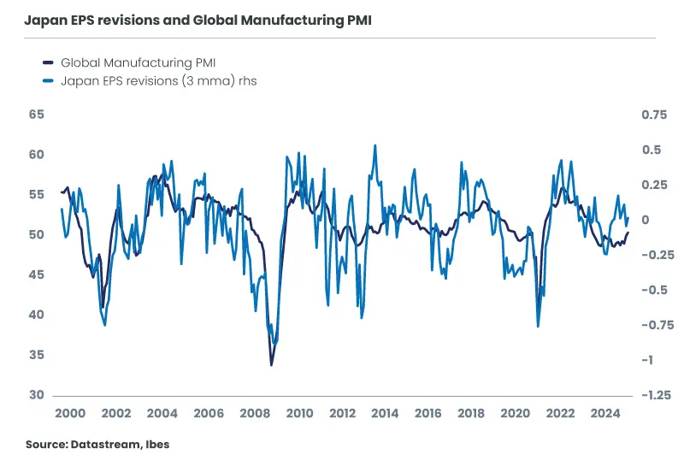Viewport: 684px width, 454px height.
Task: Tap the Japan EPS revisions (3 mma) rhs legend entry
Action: tap(158, 81)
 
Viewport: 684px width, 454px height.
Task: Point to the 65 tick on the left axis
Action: tap(37, 115)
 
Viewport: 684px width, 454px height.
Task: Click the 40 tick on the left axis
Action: tap(37, 315)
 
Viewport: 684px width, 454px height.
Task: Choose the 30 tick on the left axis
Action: tap(37, 395)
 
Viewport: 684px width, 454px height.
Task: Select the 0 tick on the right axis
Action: tap(646, 220)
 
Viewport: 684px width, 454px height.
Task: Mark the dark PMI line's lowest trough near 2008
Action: tap(272, 365)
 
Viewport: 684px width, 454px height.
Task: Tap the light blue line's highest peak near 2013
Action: tap(374, 145)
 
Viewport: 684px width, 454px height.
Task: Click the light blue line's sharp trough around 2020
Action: tap(538, 326)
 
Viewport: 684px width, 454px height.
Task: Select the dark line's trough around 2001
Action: tap(103, 307)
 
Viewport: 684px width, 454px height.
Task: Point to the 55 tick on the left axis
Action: tap(37, 195)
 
